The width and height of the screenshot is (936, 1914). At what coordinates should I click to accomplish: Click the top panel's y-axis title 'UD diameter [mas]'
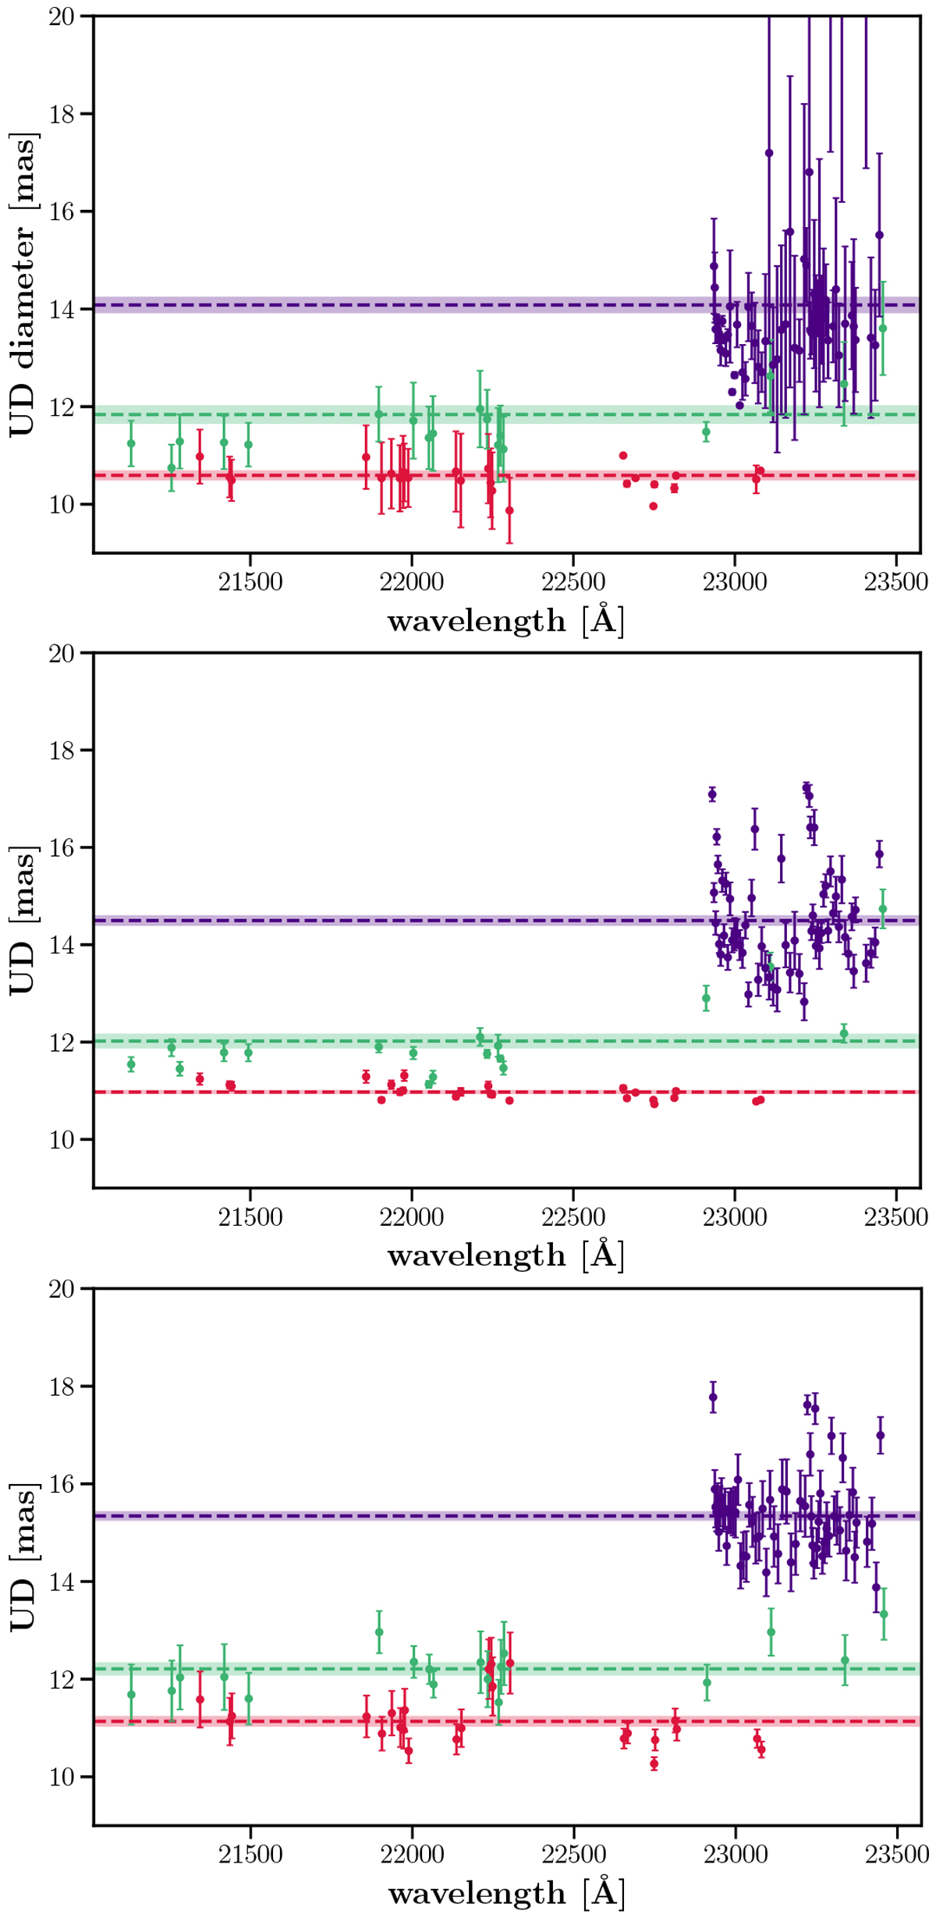point(23,285)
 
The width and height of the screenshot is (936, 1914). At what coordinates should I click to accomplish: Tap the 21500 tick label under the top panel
point(250,582)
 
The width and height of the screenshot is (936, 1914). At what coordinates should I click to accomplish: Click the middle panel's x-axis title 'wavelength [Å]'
point(505,1255)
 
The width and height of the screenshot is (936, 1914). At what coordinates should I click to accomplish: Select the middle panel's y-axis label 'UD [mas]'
point(23,921)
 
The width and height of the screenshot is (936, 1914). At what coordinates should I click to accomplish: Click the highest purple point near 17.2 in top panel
point(769,153)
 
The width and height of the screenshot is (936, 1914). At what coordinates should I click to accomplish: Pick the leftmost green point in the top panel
point(131,443)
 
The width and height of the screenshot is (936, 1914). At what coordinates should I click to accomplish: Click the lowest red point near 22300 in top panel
point(509,510)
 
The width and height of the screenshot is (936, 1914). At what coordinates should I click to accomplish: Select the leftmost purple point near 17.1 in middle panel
point(712,795)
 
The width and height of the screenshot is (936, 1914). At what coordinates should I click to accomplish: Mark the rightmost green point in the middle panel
point(883,909)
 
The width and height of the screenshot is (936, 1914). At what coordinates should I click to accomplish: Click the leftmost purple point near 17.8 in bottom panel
point(713,1397)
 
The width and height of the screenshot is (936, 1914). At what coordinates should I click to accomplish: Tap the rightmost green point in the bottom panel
point(884,1614)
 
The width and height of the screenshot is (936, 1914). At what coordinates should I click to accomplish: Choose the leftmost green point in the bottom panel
point(131,1695)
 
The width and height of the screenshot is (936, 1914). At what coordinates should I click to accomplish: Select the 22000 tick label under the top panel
point(411,582)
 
